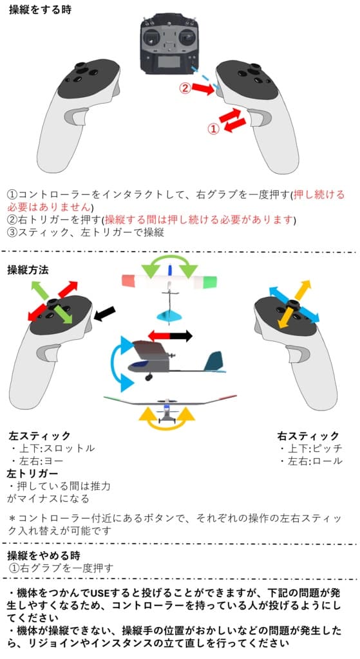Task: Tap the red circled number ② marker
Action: (x=184, y=89)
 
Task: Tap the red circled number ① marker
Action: (x=213, y=129)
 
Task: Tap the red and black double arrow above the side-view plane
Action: (x=170, y=335)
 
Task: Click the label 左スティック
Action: (x=39, y=436)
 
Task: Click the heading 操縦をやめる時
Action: (x=44, y=555)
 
